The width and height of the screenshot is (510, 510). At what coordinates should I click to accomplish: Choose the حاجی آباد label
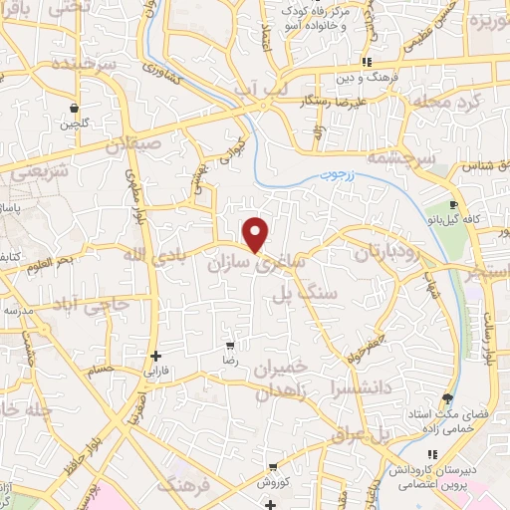(x=92, y=302)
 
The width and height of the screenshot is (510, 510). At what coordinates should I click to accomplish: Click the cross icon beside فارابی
(x=155, y=356)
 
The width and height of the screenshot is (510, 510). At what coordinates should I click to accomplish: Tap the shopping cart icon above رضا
(x=230, y=344)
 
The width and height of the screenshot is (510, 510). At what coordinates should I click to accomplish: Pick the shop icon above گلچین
(x=74, y=108)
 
